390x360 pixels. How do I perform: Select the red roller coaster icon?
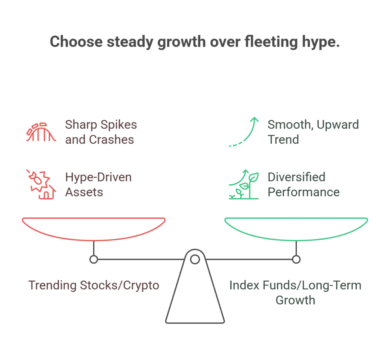41,132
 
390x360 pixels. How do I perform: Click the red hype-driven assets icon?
41,184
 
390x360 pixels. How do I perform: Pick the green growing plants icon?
244,184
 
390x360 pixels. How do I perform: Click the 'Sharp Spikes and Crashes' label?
101,132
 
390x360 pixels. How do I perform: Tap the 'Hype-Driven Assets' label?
99,185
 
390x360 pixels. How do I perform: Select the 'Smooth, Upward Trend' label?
313,132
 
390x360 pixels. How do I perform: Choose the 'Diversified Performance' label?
304,185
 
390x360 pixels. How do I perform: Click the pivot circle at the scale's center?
195,256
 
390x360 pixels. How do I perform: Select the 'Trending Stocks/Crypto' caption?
94,285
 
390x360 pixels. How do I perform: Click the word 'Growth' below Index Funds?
295,300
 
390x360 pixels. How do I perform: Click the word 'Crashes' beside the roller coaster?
112,139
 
